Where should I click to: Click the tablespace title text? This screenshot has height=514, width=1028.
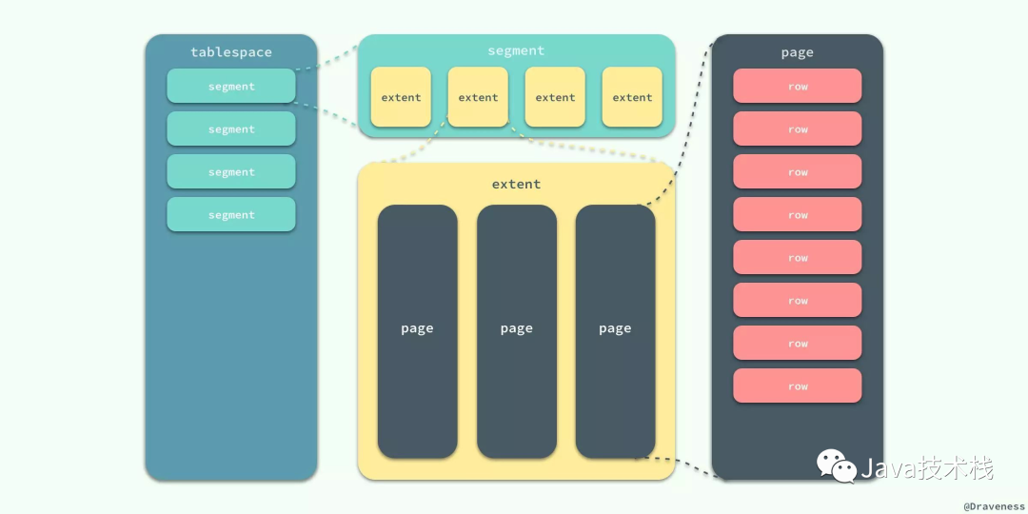click(x=230, y=52)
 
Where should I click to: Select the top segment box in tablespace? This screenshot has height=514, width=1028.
click(x=230, y=86)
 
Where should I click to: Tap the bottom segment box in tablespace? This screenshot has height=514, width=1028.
click(x=230, y=214)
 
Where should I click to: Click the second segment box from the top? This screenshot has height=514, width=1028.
click(x=230, y=128)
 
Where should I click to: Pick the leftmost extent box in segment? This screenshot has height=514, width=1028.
click(x=401, y=97)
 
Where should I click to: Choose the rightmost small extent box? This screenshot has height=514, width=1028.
click(x=632, y=97)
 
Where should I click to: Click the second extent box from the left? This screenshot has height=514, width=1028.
click(x=478, y=97)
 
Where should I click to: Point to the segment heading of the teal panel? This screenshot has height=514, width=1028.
click(x=516, y=50)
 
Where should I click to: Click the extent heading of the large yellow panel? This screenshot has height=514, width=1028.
click(x=516, y=185)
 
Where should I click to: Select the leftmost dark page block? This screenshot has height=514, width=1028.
click(x=417, y=332)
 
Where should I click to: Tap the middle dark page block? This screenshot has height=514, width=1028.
click(x=517, y=332)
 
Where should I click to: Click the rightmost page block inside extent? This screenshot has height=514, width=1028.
click(x=615, y=332)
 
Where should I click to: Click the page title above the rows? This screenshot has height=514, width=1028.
click(x=798, y=52)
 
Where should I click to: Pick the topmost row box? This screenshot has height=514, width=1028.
click(x=798, y=86)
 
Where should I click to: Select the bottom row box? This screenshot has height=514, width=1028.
click(x=798, y=385)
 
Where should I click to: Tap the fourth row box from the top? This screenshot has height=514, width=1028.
click(x=798, y=214)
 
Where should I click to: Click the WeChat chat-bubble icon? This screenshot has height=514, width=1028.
click(x=836, y=466)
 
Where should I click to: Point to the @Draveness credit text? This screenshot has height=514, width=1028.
click(x=993, y=506)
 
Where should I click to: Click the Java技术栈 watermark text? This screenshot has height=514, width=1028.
click(x=927, y=468)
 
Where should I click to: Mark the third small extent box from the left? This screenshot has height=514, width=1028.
click(x=555, y=97)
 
